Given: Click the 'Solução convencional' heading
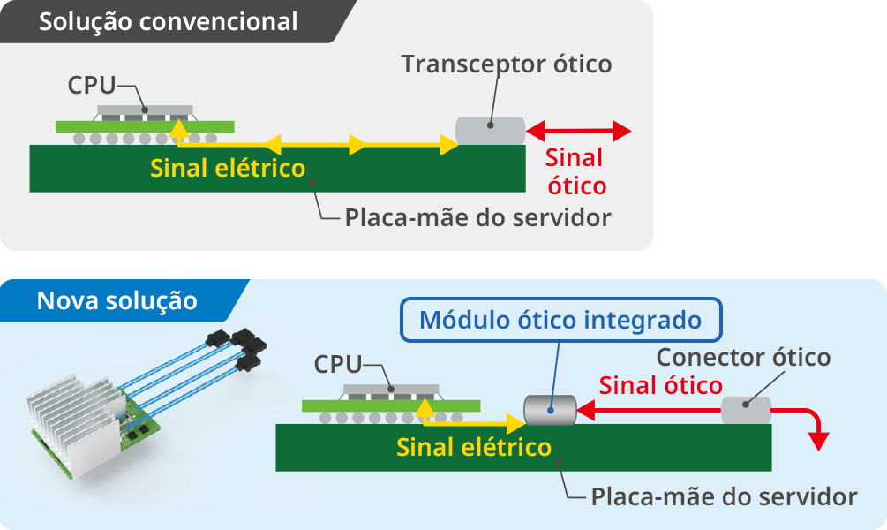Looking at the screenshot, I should click(x=168, y=22).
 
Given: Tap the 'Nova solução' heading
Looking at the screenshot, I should click(x=117, y=300).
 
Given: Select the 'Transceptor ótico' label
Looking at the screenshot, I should click(x=506, y=64).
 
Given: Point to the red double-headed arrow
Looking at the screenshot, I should click(x=578, y=132).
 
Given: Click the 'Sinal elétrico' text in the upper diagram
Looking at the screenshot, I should click(x=228, y=168).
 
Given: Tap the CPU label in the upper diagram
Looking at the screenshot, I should click(x=92, y=86).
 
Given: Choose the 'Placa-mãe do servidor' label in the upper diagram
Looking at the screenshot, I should click(x=477, y=217).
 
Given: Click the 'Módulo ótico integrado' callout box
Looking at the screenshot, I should click(x=560, y=320).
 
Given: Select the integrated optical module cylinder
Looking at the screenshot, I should click(x=549, y=410).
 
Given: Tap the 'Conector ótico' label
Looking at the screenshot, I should click(x=743, y=358).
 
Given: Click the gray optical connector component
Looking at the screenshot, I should click(x=746, y=410).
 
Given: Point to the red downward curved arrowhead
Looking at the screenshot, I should click(x=821, y=438).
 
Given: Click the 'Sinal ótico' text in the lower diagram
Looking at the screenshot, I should click(x=660, y=386).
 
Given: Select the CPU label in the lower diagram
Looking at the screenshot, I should click(x=338, y=364).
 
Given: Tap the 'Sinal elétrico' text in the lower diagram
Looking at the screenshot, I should click(x=474, y=447).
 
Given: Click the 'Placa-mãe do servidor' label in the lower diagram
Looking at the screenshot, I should click(x=724, y=496).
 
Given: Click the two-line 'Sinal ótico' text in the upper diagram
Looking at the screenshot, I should click(x=575, y=172).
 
